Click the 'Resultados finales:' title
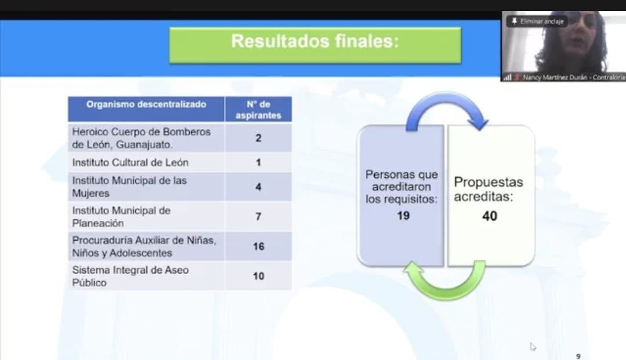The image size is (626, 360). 315,41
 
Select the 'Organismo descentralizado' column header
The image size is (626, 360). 146,104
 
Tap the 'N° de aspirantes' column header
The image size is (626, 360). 258,110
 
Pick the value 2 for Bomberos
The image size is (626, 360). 258,138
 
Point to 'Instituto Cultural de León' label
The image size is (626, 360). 130,162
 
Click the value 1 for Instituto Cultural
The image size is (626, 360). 258,162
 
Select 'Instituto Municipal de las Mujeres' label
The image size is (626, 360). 129,187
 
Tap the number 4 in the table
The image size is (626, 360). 258,187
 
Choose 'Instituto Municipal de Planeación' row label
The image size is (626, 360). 121,217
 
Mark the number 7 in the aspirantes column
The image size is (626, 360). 258,216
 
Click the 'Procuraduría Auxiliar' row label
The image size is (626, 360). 144,246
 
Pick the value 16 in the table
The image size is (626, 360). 258,246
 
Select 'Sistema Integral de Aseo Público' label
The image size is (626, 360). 130,276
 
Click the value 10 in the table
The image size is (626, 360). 258,276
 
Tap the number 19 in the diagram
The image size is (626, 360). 403,216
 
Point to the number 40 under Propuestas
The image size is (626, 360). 490,216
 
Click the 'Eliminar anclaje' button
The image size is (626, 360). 537,21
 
